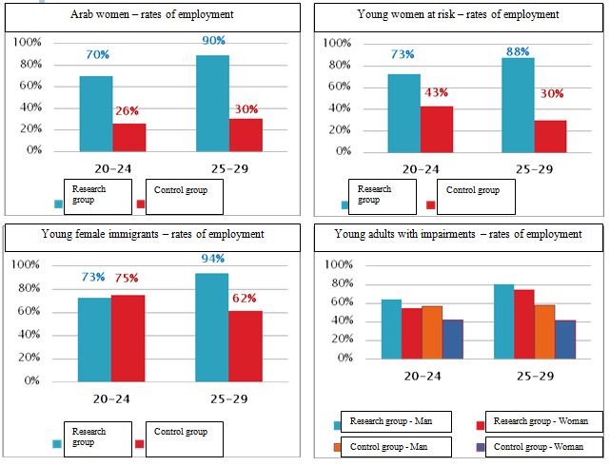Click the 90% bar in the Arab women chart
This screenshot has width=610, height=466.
[x=213, y=103]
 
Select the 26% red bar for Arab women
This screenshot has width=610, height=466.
[x=128, y=137]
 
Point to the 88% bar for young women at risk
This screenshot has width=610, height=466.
[x=519, y=104]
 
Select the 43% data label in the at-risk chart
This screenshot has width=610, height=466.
[x=437, y=92]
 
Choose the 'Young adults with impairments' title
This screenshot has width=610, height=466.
[x=457, y=234]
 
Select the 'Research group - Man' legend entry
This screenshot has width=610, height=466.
[x=391, y=421]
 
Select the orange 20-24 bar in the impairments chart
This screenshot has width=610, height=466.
[x=431, y=332]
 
